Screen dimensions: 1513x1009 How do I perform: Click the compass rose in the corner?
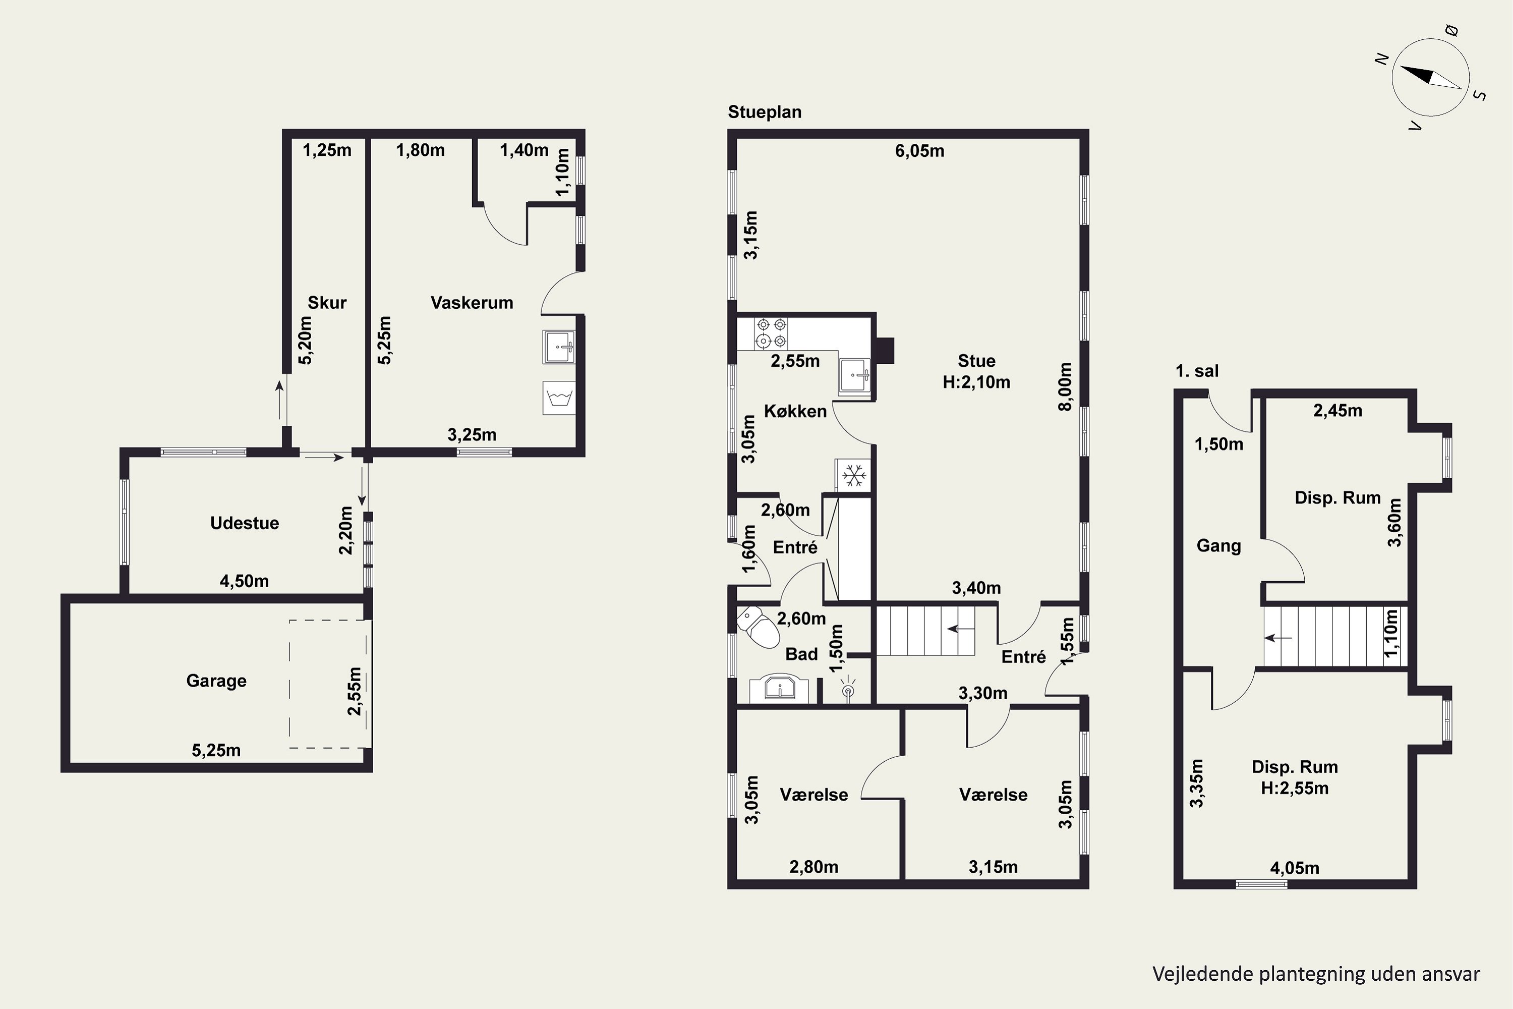[1431, 78]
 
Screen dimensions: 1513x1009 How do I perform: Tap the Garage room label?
[216, 681]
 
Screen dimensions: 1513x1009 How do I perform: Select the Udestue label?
[245, 523]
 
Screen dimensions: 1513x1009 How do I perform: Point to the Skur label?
[327, 302]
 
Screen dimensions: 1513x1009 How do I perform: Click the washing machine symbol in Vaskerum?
[559, 399]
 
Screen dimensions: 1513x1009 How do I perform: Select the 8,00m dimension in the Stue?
[1065, 386]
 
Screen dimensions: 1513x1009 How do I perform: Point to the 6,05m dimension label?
[920, 151]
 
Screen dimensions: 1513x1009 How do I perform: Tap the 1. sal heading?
[1197, 371]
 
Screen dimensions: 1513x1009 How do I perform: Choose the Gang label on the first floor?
[1218, 546]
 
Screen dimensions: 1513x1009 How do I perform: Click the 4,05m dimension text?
[1294, 868]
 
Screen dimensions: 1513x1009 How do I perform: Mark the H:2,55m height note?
[1294, 788]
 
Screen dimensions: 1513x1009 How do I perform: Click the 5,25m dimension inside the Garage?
[216, 750]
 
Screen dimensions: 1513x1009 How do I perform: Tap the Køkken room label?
[795, 411]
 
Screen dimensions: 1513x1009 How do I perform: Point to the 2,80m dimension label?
[814, 867]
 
